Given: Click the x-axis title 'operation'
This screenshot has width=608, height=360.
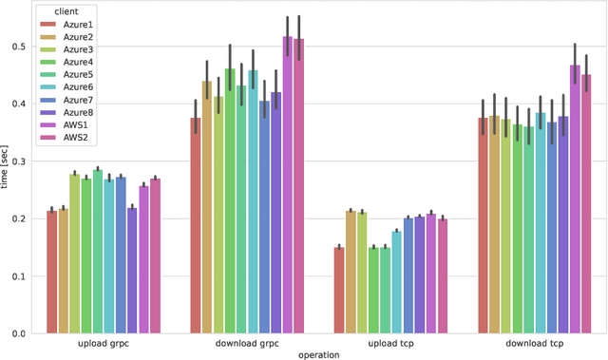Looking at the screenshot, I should coord(319,355).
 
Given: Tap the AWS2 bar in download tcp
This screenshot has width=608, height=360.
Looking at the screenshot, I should coord(586,204).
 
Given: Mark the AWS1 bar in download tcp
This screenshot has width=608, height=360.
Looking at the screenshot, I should coord(575,199).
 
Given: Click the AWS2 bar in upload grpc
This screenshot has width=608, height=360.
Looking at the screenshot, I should coord(155,256).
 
